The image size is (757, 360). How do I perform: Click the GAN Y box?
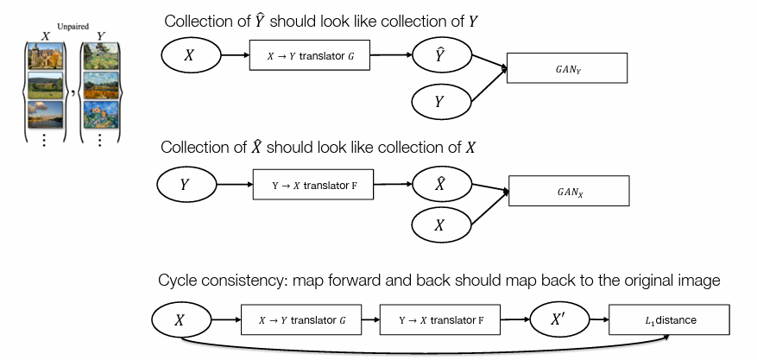coord(567,68)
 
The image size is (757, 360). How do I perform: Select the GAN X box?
coord(569,191)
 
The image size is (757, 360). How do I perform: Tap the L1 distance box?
coord(669,319)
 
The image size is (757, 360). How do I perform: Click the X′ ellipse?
coord(559,319)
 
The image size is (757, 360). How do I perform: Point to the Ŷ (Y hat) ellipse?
coord(441,55)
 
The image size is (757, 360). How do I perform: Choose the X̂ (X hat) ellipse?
coord(441,184)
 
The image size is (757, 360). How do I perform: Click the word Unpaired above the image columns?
coord(73,27)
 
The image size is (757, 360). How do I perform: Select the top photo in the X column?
coord(46,55)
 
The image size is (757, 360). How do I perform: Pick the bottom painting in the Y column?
coord(101,114)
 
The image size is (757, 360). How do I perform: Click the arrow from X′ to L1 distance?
coord(599,319)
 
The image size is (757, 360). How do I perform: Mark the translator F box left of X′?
coord(440,319)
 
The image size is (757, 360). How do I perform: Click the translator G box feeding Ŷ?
coord(310,55)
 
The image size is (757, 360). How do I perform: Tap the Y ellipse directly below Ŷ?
coord(441,102)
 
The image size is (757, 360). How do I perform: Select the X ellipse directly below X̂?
coord(441,224)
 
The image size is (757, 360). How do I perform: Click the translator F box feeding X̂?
coord(313,185)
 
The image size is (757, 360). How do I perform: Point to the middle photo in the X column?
coord(46,85)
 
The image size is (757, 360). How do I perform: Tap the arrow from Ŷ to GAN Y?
coord(489,62)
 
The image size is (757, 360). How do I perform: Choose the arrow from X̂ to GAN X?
coord(490,187)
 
